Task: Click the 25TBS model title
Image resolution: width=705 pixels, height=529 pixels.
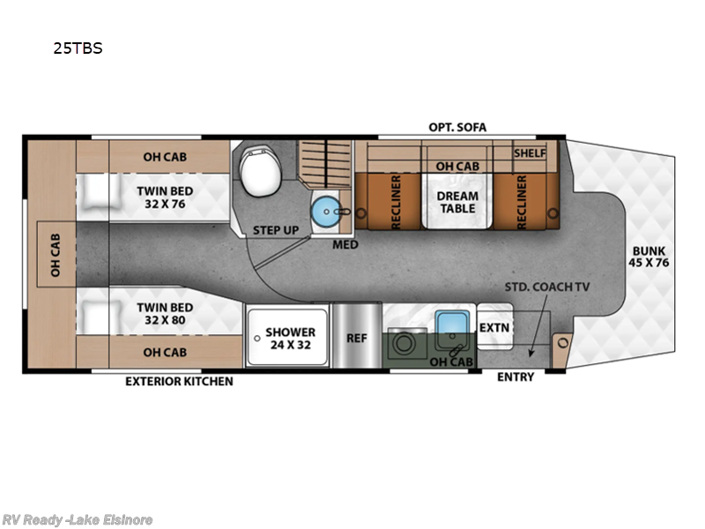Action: coord(78,48)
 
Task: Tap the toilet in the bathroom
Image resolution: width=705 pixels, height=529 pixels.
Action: coord(257,169)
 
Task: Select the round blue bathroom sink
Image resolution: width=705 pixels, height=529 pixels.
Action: coord(327,211)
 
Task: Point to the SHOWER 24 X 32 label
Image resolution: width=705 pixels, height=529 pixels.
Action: coord(291,339)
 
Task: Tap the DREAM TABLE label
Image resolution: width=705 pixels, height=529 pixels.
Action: coord(457,202)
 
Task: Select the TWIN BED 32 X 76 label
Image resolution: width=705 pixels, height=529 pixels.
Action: coord(165,197)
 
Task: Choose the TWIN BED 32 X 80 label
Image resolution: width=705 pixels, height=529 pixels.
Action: coord(165,314)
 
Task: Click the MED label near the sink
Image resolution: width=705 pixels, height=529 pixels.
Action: coord(345,244)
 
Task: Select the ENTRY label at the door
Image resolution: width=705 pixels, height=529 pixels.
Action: coord(515,377)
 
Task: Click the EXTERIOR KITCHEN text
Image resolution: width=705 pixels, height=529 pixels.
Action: coord(179,381)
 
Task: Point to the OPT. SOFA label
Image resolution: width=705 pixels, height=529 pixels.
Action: coord(457,127)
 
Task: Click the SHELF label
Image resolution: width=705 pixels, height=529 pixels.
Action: coord(530,153)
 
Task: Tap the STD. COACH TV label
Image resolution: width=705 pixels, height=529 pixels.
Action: coord(546,287)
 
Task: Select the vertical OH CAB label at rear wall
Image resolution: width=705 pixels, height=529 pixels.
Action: coord(55,254)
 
